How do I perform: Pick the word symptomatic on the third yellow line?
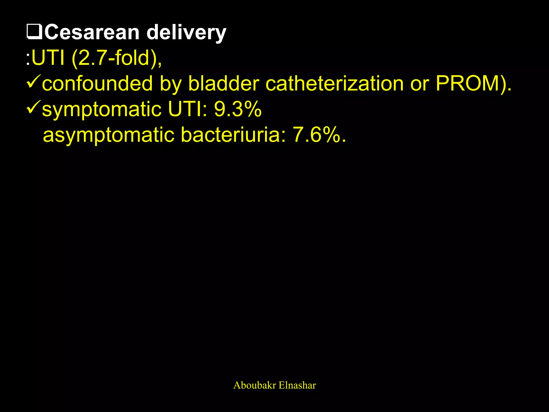pos(102,109)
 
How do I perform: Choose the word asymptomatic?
pos(109,135)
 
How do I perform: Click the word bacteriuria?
pos(233,135)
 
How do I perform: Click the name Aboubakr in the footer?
pos(254,385)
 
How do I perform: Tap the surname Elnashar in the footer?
pos(297,385)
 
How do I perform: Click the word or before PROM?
pos(420,84)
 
